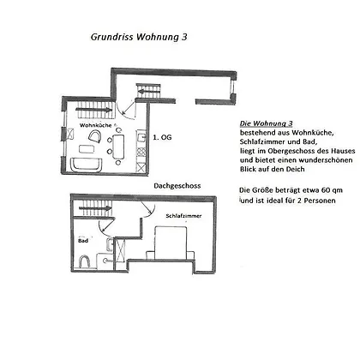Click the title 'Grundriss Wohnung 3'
tap(139, 37)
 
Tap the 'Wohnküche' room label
tap(95, 125)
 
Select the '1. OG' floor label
tap(162, 137)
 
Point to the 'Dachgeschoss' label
tap(177, 186)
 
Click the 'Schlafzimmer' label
tap(183, 216)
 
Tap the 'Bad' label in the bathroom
tap(83, 241)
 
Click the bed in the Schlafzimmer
tap(171, 243)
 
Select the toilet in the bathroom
tap(85, 261)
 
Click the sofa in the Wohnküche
tap(86, 165)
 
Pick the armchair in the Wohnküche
tap(95, 136)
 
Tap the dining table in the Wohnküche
tap(118, 147)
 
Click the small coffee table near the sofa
tap(87, 149)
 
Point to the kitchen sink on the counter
tap(141, 138)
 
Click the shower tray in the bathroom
tap(120, 250)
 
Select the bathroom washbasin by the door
tap(110, 245)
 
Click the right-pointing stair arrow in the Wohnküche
tap(94, 110)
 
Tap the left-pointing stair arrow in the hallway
tap(148, 92)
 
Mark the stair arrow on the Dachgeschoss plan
tap(95, 208)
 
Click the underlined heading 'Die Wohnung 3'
tap(267, 123)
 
